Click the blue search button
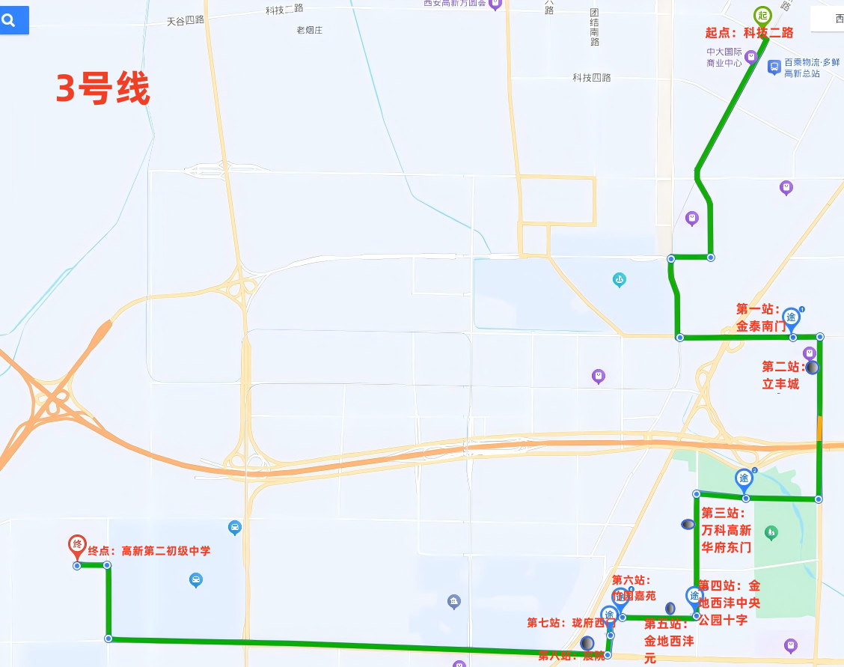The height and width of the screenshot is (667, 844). click(13, 20)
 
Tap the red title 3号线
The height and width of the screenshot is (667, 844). click(103, 89)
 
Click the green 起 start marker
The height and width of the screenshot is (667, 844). click(762, 15)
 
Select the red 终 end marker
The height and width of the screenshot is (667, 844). click(76, 546)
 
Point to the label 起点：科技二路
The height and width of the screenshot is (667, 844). click(749, 33)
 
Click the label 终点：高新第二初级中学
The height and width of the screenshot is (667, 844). click(149, 551)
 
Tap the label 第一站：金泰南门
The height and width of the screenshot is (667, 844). click(760, 318)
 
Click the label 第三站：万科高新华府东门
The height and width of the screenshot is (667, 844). click(726, 530)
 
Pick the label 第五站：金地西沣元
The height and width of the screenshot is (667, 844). click(668, 641)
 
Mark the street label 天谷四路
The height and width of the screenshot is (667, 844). click(186, 20)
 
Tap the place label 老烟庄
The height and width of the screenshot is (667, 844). click(309, 31)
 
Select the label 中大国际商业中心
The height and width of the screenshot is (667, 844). click(724, 57)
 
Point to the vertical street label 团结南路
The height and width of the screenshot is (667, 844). click(594, 27)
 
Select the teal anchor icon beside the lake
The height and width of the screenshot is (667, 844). click(619, 279)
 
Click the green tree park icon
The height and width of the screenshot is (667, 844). click(771, 532)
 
